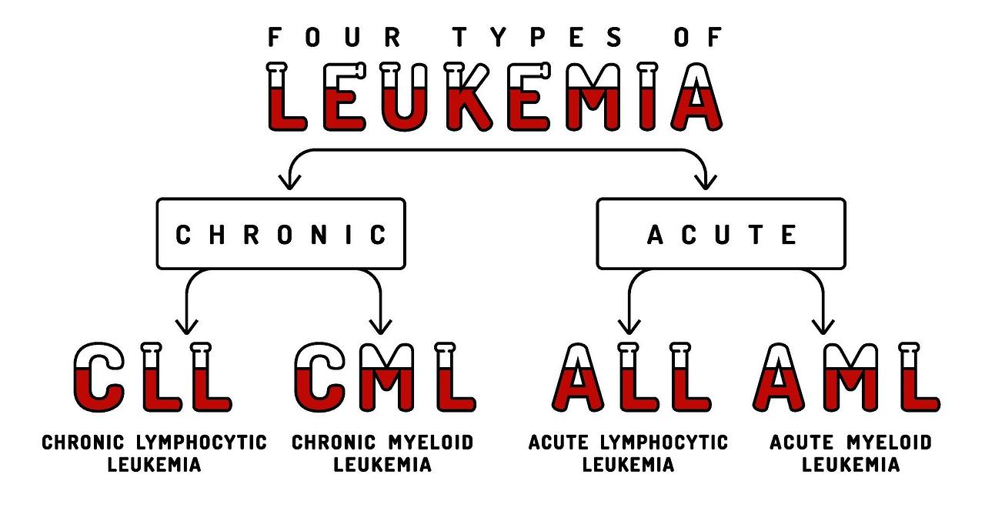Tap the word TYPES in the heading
click(509, 37)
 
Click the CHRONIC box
click(281, 234)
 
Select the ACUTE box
click(721, 234)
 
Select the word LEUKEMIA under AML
click(850, 465)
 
